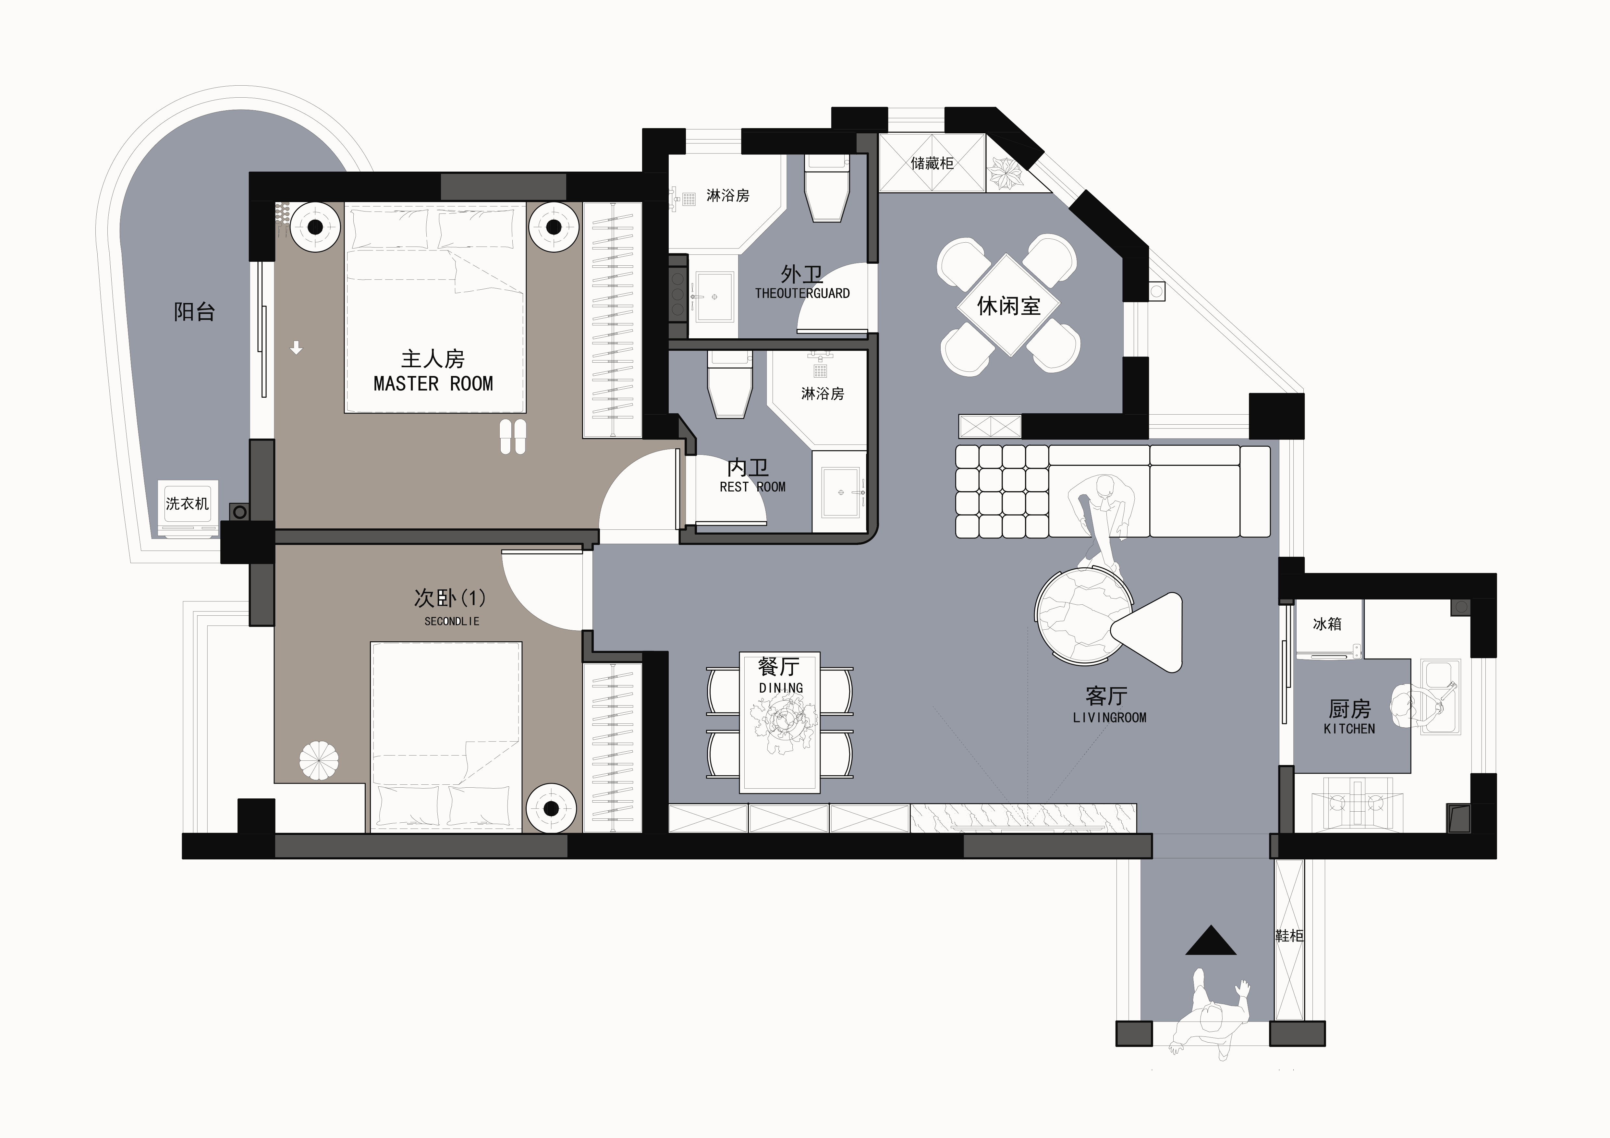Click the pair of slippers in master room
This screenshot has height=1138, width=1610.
[513, 437]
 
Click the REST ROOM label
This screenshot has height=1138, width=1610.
[752, 487]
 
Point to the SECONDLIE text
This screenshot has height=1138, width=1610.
[452, 621]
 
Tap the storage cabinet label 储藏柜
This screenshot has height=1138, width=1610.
[932, 163]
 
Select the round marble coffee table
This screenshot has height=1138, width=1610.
[1083, 615]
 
